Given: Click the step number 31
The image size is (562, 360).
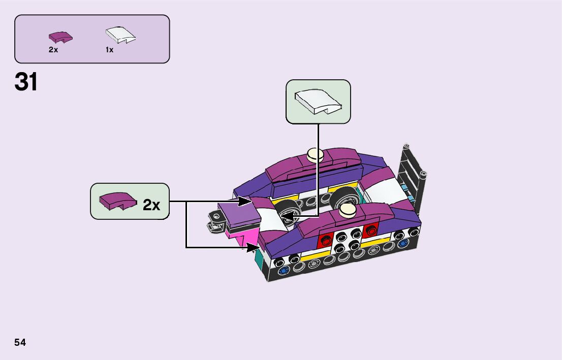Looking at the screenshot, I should point(26,82).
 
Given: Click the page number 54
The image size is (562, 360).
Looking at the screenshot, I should point(20,343).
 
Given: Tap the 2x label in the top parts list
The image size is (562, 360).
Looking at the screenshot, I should point(53,50).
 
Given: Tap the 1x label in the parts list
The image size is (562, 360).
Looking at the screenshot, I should point(109,50).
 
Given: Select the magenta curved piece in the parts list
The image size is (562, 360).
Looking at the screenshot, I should point(60,37).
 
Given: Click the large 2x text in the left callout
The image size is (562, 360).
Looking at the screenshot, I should point(151,205).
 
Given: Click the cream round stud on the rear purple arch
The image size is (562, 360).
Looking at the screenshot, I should point(315,153).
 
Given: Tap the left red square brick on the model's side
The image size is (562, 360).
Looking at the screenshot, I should point(325,242).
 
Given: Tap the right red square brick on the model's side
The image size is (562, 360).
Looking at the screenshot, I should point(370,231).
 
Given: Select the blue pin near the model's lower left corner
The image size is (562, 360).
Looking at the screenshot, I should point(282,270).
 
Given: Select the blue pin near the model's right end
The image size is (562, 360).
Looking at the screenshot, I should point(403,244).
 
